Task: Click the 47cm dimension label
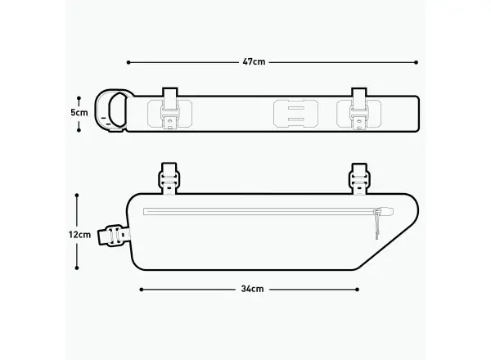[254, 62]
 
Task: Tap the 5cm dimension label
[79, 113]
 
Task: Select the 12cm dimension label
[80, 235]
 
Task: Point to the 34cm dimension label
[252, 289]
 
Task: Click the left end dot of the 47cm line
[128, 63]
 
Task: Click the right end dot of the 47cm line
[417, 63]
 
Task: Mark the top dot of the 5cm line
[79, 98]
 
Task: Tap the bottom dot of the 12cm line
[77, 268]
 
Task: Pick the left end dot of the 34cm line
[142, 290]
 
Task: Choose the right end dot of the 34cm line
[358, 290]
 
